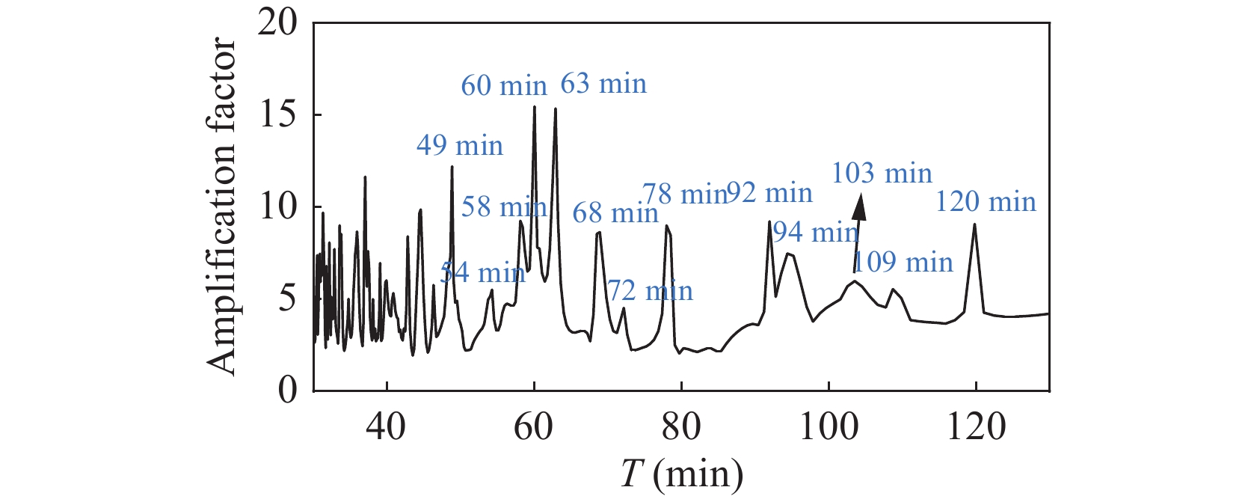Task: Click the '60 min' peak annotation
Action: tap(504, 86)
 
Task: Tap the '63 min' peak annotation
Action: tap(603, 84)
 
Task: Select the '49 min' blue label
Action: tap(460, 145)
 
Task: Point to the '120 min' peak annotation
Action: tap(986, 202)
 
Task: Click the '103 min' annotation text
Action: tap(882, 174)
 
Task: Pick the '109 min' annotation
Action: tap(903, 262)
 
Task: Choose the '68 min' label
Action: tap(615, 213)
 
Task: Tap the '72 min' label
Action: tap(650, 290)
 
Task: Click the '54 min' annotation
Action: tap(482, 273)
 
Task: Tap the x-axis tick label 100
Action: tap(829, 427)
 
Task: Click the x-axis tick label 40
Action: tap(387, 427)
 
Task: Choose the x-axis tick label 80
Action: tap(681, 427)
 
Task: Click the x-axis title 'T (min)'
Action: tap(682, 474)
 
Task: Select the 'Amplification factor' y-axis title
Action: tap(222, 207)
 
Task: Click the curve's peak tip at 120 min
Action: tap(974, 224)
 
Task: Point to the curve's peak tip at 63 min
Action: tap(556, 109)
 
